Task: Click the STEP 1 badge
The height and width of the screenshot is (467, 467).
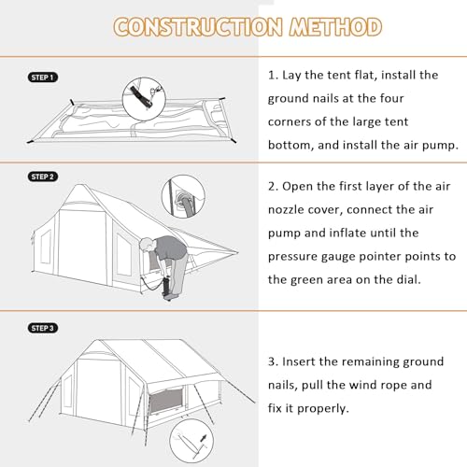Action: click(x=43, y=78)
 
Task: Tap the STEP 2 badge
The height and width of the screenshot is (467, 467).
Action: click(x=43, y=177)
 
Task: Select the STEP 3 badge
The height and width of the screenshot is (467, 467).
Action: click(x=43, y=328)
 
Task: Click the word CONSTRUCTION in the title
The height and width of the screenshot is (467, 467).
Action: click(x=198, y=27)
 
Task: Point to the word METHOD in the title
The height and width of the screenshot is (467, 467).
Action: click(x=335, y=27)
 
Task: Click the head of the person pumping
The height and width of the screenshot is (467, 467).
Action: click(x=146, y=245)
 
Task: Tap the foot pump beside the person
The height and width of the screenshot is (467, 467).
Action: click(x=166, y=287)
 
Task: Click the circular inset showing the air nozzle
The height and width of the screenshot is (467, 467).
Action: click(x=183, y=196)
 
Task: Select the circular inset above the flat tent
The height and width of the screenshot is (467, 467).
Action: click(x=144, y=99)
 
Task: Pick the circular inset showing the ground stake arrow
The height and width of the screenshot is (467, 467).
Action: click(x=191, y=441)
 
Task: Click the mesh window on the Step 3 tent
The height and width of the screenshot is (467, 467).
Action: click(x=166, y=402)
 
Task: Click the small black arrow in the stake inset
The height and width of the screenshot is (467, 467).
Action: click(x=203, y=438)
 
